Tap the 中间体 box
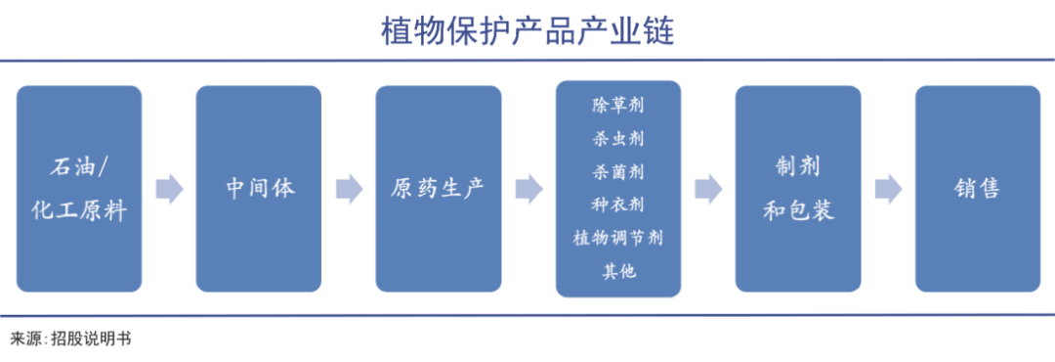(258, 188)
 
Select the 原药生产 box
(438, 188)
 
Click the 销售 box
(977, 188)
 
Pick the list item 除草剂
(617, 104)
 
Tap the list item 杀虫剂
(617, 138)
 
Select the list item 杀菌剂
(617, 171)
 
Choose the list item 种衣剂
(617, 204)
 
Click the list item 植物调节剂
(617, 238)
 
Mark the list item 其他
(617, 271)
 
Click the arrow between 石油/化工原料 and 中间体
(169, 189)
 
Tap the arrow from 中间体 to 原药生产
(349, 189)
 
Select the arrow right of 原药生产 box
(528, 189)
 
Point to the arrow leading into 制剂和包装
(708, 189)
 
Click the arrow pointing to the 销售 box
(888, 189)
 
